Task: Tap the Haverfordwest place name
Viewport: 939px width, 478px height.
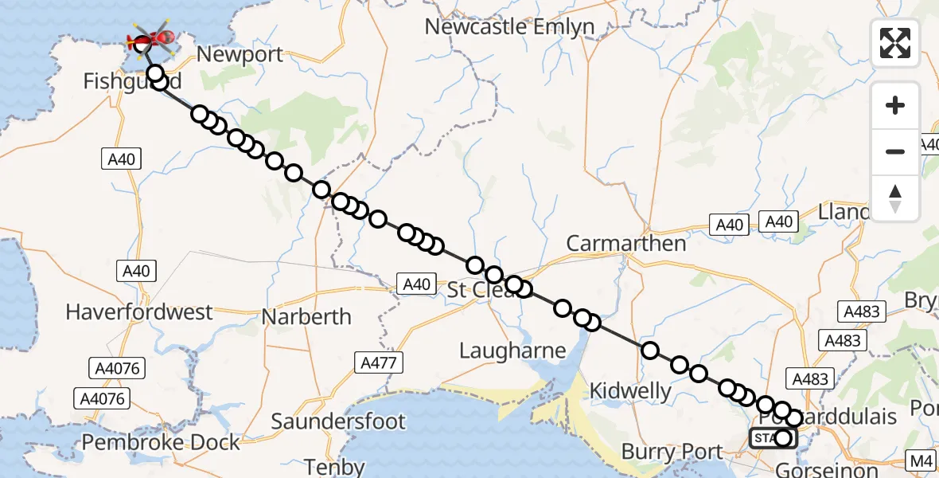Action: coord(139,311)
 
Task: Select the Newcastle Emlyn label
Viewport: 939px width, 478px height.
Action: coord(509,26)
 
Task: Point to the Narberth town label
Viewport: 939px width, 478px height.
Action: coord(307,316)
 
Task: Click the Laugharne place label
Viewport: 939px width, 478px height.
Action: coord(513,351)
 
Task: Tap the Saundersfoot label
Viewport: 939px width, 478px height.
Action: coord(339,421)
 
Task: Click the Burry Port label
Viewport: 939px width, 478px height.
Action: coord(672,452)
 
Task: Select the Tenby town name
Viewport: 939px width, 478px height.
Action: coord(336,467)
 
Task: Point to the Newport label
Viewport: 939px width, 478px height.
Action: coord(240,55)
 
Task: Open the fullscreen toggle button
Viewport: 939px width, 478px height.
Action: coord(895,42)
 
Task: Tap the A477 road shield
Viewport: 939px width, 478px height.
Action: coord(380,362)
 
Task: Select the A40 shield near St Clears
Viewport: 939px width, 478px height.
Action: coord(416,284)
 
